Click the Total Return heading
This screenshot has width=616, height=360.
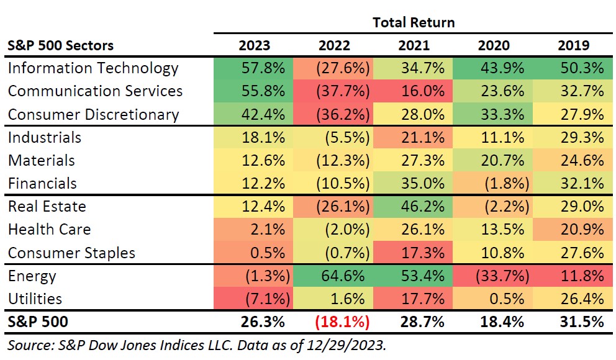coord(414,23)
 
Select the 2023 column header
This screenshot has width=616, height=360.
coord(254,46)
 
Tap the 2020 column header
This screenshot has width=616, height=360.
coord(494,46)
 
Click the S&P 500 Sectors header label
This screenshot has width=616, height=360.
coord(61,46)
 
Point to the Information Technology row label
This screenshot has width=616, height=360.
coord(93,68)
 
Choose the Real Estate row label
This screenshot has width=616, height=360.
coord(47,207)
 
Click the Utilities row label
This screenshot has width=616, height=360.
coord(35,299)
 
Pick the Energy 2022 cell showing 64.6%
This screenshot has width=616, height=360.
coord(334,276)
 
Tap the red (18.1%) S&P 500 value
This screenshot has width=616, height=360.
coord(334,323)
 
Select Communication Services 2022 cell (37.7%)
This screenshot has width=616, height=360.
coord(334,91)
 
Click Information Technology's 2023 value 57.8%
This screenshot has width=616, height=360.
coord(254,68)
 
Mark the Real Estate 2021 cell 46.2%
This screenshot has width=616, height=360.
coord(414,207)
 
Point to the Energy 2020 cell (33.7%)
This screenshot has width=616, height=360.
coord(494,276)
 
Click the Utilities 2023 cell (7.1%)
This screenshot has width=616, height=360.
coord(254,299)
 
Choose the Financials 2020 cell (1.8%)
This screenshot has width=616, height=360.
coord(494,184)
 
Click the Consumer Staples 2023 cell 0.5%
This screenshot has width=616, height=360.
coord(254,253)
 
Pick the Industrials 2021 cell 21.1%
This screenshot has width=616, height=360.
coord(414,137)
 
